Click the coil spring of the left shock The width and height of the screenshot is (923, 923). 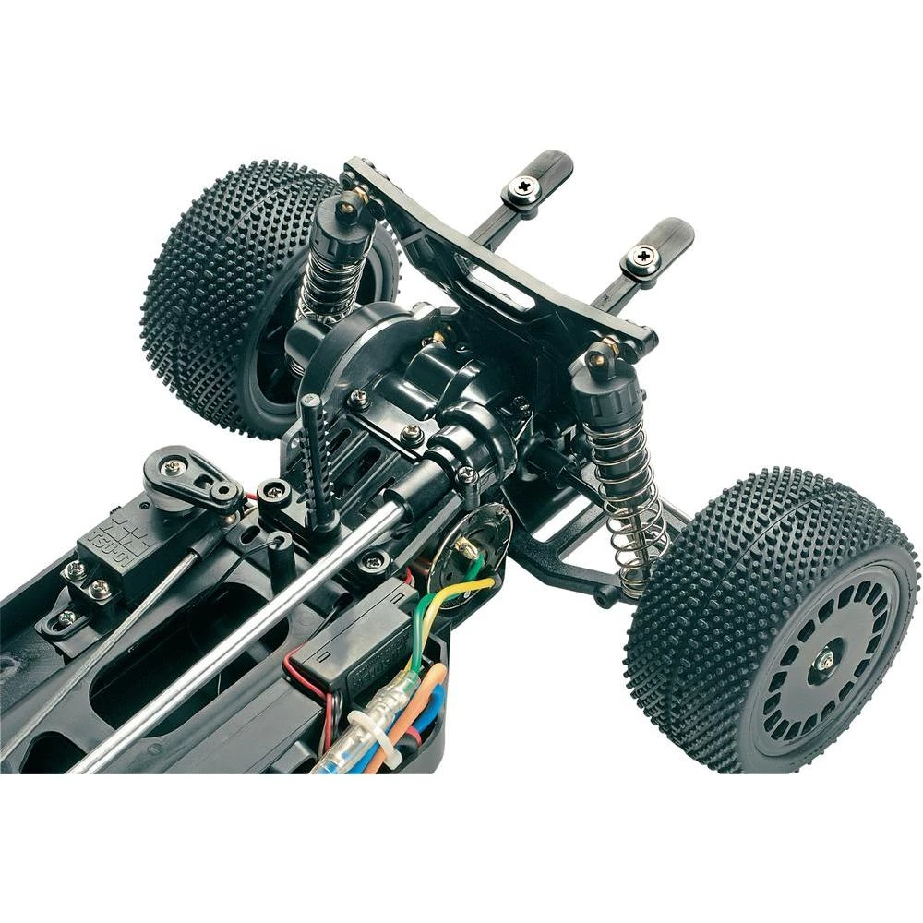pos(325,277)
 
